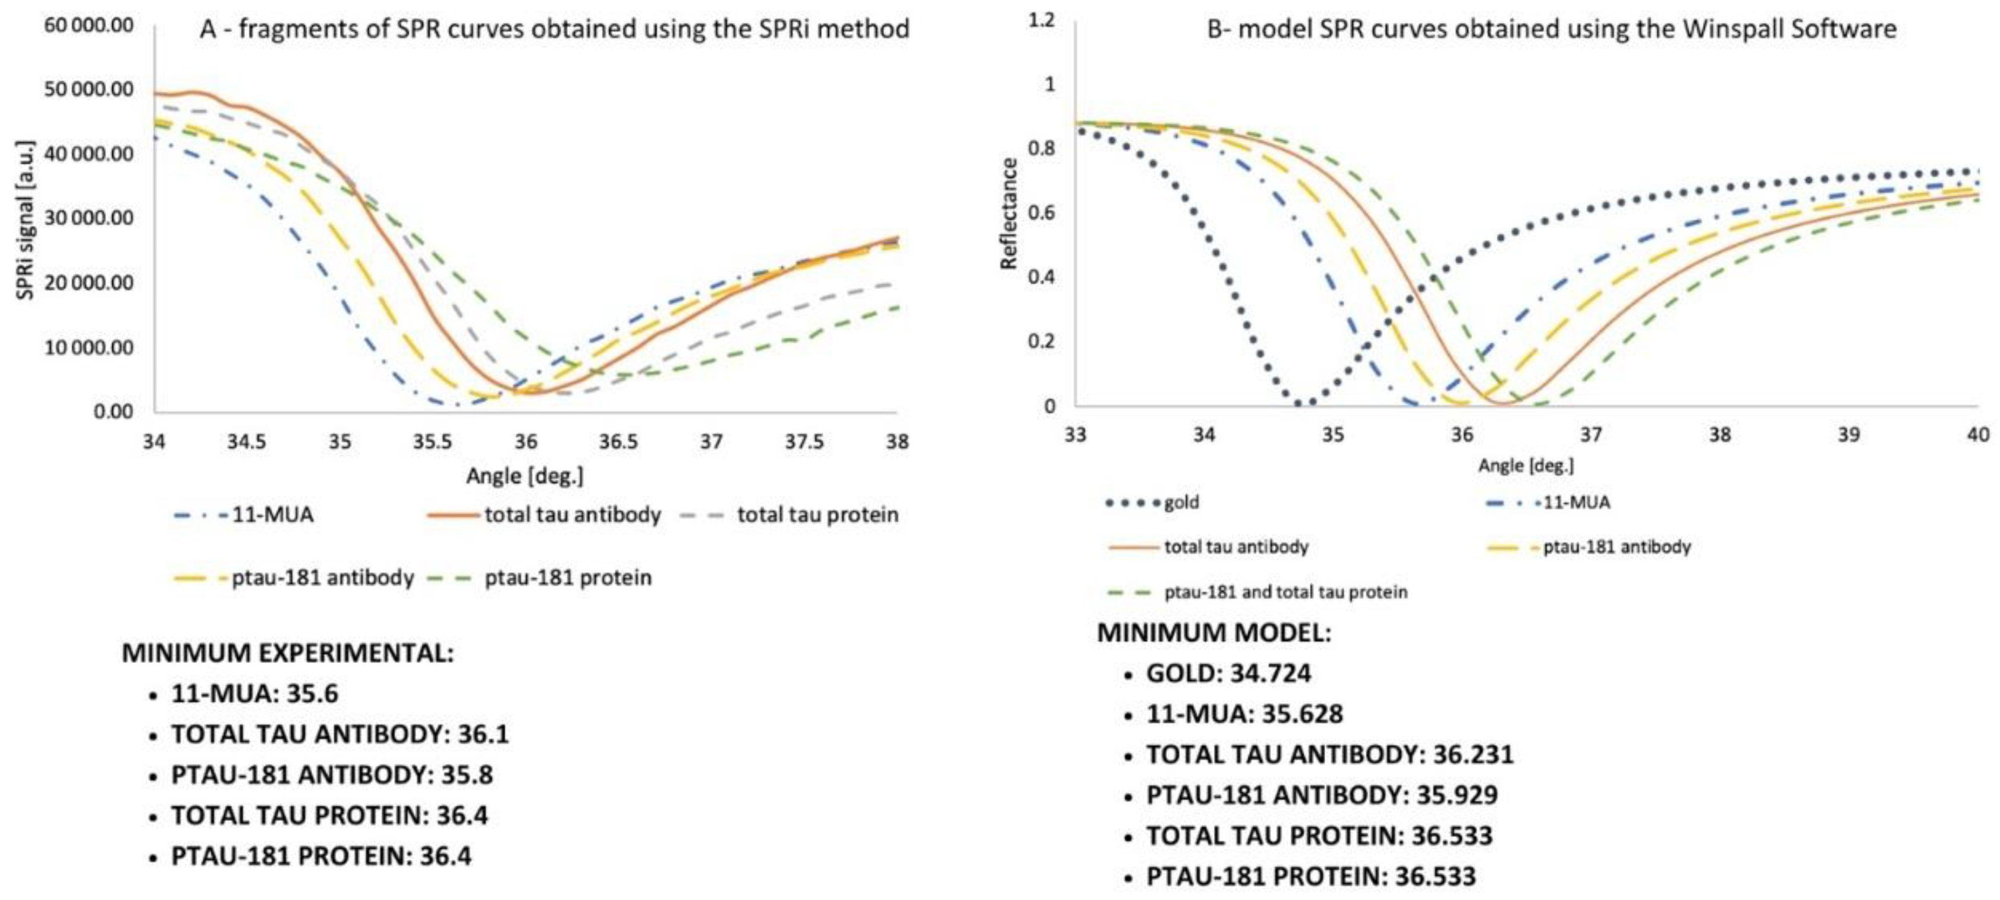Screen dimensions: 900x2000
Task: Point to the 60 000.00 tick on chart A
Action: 89,26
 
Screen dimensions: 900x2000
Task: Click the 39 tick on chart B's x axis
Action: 1848,434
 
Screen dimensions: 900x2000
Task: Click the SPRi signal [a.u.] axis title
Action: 26,219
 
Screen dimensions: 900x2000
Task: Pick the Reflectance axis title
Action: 1008,214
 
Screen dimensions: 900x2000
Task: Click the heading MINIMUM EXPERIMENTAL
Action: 287,653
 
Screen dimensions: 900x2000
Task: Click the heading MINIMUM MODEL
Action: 1213,633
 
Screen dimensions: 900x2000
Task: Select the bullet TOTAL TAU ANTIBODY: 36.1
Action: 340,734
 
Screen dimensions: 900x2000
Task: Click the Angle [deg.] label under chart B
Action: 1526,466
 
